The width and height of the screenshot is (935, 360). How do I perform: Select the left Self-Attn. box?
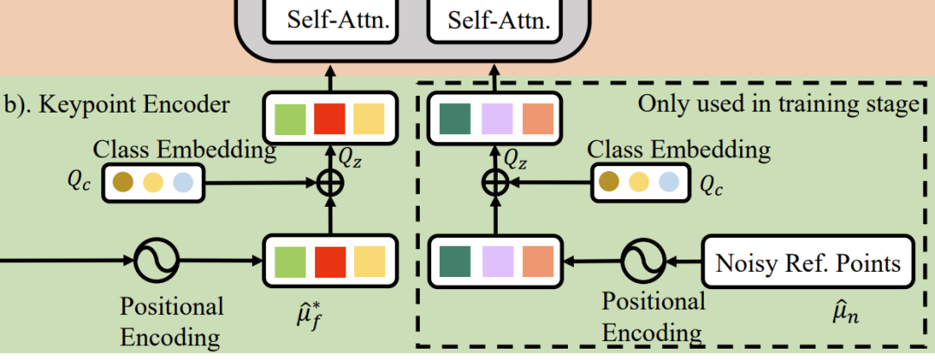331,22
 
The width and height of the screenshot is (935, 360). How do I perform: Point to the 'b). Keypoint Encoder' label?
116,105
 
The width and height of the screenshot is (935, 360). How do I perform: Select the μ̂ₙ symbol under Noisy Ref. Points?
846,313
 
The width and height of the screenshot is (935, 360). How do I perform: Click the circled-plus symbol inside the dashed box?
495,181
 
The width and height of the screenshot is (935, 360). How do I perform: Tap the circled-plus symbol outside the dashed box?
330,181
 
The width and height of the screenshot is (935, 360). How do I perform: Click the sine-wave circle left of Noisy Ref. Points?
644,261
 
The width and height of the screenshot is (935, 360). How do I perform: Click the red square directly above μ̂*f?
330,261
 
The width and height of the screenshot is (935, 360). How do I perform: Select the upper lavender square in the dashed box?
497,119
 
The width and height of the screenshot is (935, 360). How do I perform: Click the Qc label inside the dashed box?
711,187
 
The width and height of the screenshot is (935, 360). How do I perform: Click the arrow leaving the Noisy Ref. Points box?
685,261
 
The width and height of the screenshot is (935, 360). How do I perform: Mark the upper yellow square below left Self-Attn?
369,119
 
